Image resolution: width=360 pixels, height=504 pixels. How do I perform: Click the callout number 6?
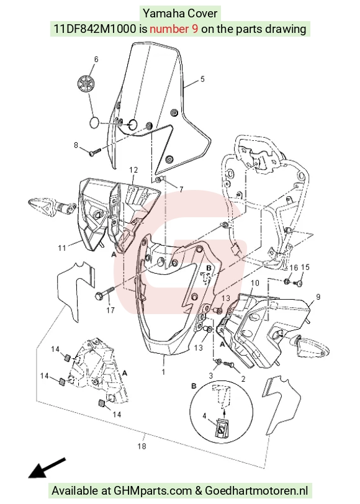tap(96, 60)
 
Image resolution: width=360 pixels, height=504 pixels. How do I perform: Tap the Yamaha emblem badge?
tap(87, 84)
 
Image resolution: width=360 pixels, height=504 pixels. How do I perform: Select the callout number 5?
tap(202, 79)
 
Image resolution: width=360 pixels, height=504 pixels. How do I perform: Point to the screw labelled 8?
tap(95, 151)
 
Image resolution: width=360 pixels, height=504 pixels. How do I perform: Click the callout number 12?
tap(133, 169)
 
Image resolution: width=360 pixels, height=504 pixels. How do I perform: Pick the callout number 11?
tap(61, 248)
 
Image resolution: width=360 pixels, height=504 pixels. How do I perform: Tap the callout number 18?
tap(142, 446)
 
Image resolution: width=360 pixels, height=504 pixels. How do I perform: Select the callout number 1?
tap(163, 372)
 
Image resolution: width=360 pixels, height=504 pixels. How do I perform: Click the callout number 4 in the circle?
tap(204, 416)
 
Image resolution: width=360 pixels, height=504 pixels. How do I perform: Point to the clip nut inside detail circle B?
tap(221, 428)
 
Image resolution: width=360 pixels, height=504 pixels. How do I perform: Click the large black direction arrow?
tap(47, 467)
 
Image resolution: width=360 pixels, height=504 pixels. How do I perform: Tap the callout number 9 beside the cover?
tap(318, 297)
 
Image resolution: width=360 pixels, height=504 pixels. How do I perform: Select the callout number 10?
tap(255, 283)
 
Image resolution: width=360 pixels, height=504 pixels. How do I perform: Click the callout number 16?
tap(294, 268)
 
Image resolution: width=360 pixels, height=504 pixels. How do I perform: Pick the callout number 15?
tap(305, 267)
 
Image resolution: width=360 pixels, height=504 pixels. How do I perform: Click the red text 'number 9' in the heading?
tap(174, 29)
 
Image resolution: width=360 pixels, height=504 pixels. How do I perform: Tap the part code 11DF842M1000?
tap(94, 29)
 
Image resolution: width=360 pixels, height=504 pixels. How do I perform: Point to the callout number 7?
tap(181, 190)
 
